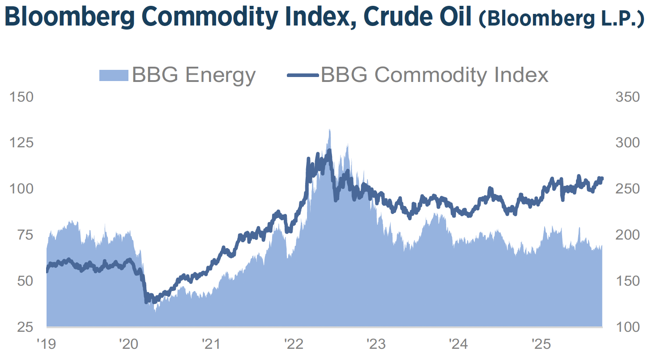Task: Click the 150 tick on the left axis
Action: [21, 97]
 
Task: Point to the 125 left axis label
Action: [21, 143]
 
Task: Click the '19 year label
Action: [47, 344]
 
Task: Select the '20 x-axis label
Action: [129, 344]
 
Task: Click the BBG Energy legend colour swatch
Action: [114, 75]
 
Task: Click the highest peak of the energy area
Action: [329, 130]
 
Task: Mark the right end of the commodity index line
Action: [602, 179]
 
